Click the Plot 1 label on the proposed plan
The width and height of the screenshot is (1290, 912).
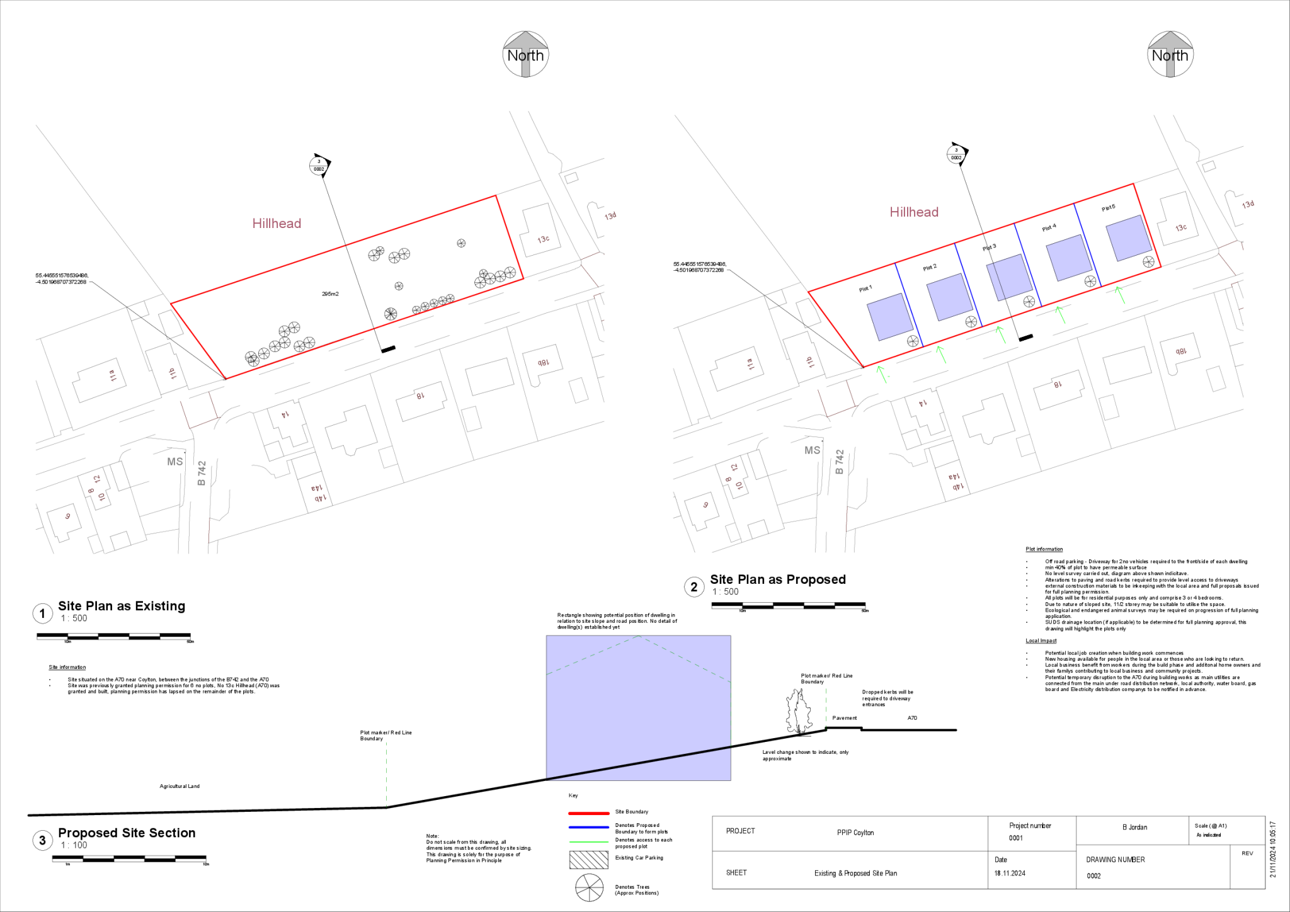(865, 288)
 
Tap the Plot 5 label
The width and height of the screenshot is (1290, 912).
(1109, 208)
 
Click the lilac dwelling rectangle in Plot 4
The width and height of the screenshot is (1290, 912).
(1069, 257)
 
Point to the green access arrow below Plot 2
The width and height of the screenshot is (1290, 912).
(941, 353)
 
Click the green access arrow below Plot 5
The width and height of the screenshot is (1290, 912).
(1119, 294)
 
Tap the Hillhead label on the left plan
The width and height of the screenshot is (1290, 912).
(277, 223)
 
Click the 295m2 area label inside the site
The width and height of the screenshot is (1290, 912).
(330, 294)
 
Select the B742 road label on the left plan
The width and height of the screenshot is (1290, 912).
(202, 472)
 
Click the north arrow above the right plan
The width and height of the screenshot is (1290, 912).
(1170, 54)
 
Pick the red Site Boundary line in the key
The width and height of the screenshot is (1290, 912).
(589, 813)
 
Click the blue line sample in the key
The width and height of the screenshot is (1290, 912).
(589, 827)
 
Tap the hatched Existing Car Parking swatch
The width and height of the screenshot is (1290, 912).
(589, 860)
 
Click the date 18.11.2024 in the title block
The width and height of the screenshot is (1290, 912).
(1010, 873)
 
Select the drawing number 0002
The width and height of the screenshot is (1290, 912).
(1094, 875)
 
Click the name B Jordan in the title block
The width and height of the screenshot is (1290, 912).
(1135, 827)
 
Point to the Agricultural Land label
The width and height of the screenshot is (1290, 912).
(180, 786)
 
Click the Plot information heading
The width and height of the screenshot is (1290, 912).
(1044, 549)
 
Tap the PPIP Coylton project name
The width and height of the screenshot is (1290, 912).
(855, 833)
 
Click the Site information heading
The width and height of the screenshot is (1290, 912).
(67, 667)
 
